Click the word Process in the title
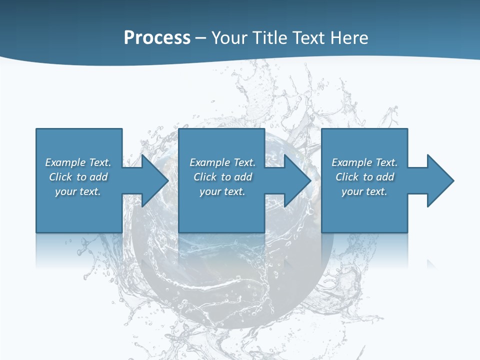[157, 38]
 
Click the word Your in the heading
[228, 38]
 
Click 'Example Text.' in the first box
[78, 162]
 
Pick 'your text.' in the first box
[78, 191]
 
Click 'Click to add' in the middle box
[222, 177]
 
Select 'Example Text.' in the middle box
[222, 162]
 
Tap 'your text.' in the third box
[364, 191]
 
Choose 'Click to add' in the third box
[364, 177]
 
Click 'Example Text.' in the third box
[364, 162]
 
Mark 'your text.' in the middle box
[222, 191]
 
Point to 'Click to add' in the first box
[78, 177]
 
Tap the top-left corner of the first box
[36, 129]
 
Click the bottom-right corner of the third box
[407, 232]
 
